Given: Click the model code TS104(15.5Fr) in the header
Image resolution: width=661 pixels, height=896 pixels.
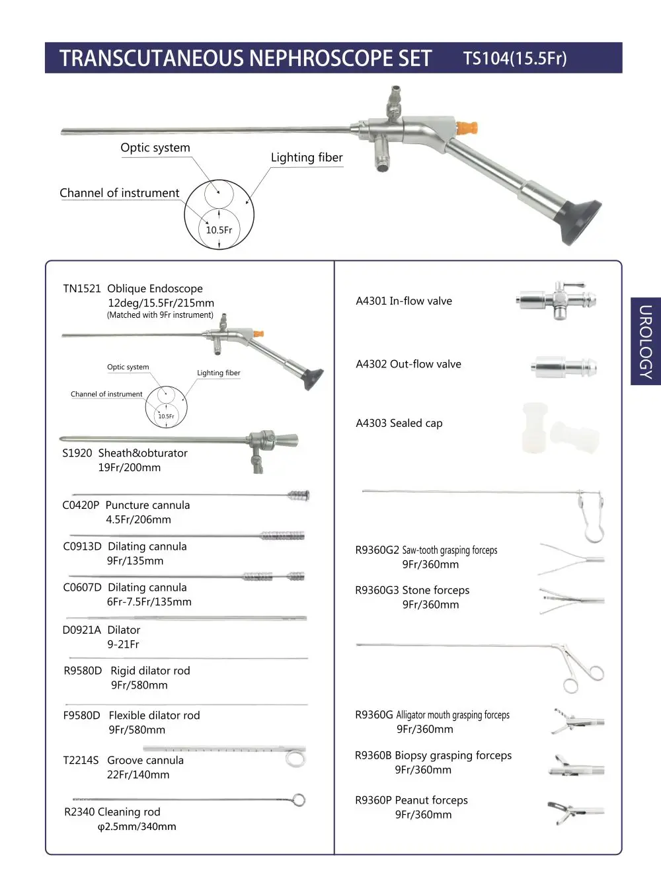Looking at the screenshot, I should [x=515, y=58].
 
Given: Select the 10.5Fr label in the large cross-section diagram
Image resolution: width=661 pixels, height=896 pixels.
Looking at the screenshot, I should [x=219, y=230].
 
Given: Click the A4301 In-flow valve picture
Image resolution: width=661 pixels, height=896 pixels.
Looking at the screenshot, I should [x=557, y=300].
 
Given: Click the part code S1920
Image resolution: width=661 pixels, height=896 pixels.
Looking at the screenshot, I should [x=77, y=453].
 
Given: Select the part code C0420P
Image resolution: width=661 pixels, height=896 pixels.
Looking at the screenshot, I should [x=81, y=505].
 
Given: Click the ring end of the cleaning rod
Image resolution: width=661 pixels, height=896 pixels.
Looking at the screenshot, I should [x=299, y=800].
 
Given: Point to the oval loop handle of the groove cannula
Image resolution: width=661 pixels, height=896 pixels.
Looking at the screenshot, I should [x=295, y=757].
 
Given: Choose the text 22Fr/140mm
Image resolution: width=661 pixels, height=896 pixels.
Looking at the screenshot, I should [x=138, y=775].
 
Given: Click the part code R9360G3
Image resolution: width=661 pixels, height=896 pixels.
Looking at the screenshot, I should [x=377, y=591].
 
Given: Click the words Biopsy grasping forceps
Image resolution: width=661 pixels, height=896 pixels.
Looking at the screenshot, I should [x=453, y=755].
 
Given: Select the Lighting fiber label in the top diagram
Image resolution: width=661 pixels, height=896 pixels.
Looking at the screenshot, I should [x=307, y=157].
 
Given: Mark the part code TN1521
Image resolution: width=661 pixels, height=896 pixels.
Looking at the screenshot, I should [x=82, y=289].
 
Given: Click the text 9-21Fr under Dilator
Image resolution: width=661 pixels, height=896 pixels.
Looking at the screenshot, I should [x=124, y=645].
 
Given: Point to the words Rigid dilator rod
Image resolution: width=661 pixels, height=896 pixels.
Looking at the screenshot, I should [x=150, y=671].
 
